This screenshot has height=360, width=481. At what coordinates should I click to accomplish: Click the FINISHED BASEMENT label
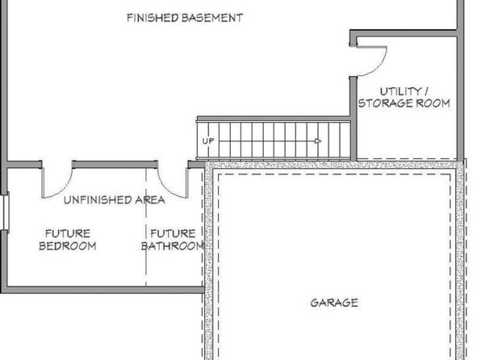click(185, 18)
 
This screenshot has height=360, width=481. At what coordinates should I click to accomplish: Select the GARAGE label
click(334, 303)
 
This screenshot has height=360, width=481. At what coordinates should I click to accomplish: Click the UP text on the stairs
click(208, 141)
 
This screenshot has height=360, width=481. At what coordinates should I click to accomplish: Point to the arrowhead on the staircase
click(318, 141)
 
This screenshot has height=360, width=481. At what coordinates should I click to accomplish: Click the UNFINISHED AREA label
click(115, 200)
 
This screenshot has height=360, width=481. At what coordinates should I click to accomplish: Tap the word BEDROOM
click(68, 246)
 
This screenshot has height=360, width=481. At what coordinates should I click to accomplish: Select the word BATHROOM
click(173, 246)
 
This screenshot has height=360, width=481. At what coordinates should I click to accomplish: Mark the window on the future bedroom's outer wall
click(5, 211)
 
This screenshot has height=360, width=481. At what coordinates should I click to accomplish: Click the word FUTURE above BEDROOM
click(68, 233)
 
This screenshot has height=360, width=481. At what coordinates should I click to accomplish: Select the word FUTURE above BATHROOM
click(173, 233)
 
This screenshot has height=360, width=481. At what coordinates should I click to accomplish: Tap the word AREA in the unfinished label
click(150, 200)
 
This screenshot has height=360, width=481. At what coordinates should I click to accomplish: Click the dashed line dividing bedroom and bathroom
click(146, 227)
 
